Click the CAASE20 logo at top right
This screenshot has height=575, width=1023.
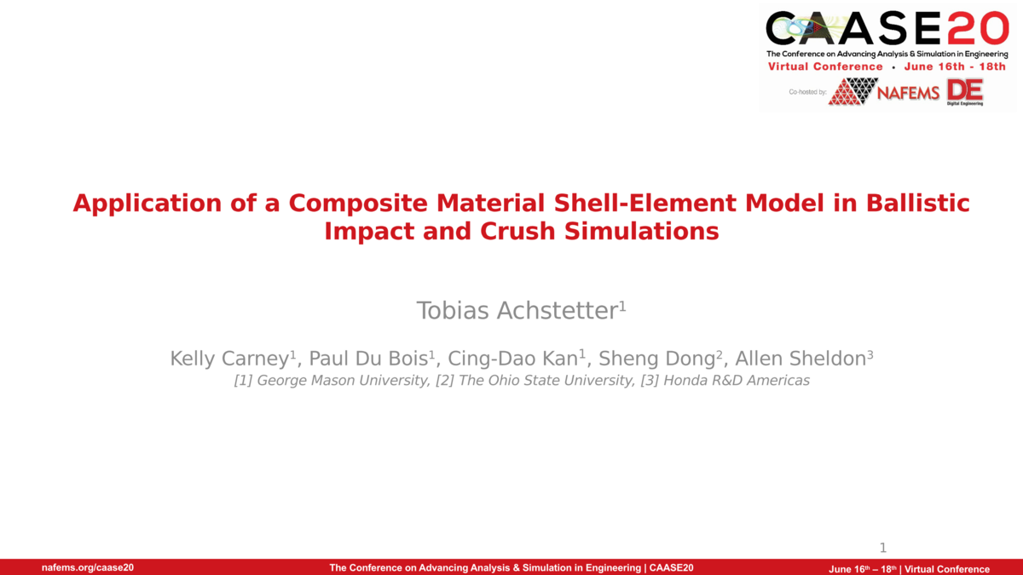pos(887,29)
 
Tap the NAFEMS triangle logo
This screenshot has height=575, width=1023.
pos(853,91)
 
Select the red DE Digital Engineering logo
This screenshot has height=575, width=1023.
pos(965,91)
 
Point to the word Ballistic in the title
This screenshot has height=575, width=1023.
pos(917,204)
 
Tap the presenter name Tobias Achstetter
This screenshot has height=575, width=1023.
pos(517,311)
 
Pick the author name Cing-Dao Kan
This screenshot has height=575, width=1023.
pos(513,359)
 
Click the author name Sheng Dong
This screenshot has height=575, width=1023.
pos(657,359)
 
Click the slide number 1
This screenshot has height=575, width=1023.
pos(883,548)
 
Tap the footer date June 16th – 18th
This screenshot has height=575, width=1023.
pos(863,569)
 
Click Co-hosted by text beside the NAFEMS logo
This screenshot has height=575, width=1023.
pos(807,91)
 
